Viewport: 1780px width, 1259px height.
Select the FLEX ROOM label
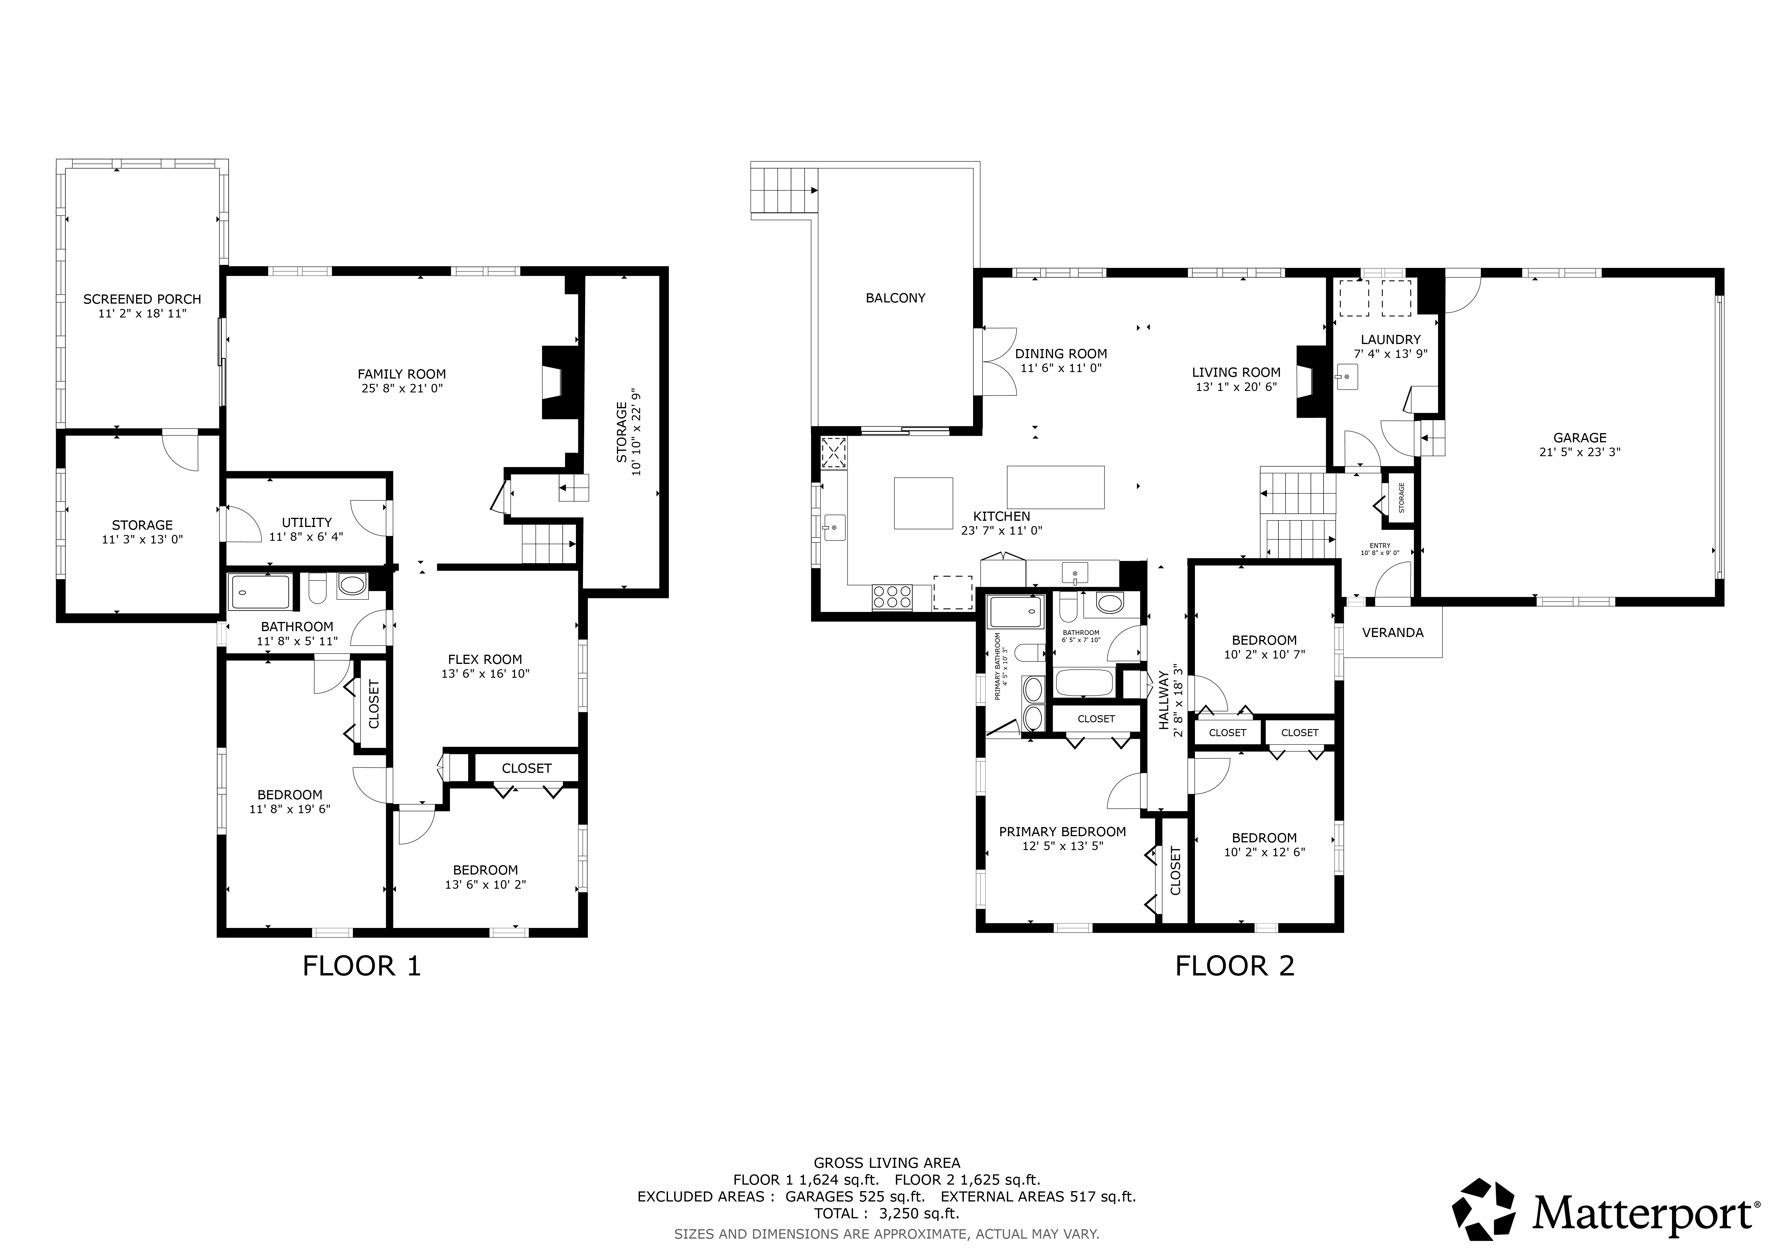coord(485,660)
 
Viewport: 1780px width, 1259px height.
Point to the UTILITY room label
coord(307,523)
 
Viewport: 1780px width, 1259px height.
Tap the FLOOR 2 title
coord(1235,966)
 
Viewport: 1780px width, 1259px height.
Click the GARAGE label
coord(1580,438)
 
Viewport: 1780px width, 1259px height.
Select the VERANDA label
coord(1393,633)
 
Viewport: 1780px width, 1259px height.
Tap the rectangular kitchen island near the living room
coord(1056,487)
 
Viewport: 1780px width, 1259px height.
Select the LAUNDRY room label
coord(1391,340)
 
